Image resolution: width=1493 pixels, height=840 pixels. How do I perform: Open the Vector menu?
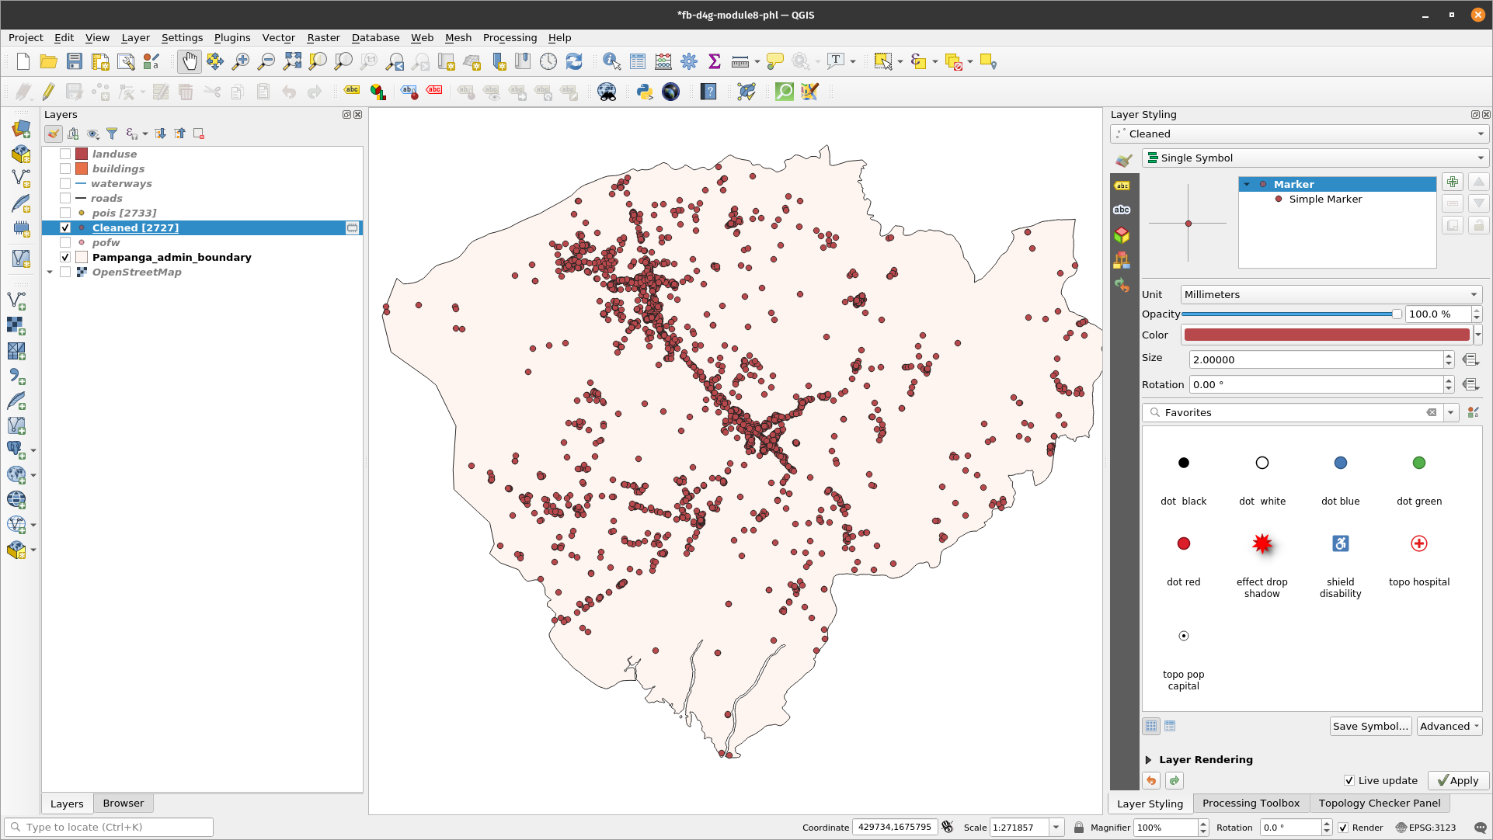(x=278, y=37)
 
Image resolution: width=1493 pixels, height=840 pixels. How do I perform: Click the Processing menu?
(x=510, y=37)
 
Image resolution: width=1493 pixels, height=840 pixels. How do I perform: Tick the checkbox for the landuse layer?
(x=65, y=154)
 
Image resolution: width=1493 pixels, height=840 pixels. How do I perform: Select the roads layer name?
(x=106, y=198)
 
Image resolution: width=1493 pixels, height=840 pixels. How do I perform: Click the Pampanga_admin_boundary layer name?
(x=172, y=257)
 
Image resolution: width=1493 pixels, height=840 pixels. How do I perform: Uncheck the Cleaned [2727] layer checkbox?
(x=65, y=227)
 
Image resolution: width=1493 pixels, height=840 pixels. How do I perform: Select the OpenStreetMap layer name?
(x=137, y=272)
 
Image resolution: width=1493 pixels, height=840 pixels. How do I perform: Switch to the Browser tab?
(x=123, y=803)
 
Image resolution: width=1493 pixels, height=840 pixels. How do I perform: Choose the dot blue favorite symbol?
(x=1340, y=463)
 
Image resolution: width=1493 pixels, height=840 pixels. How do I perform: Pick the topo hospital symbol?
(x=1418, y=544)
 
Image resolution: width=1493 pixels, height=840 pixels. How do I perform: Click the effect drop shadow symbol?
(x=1262, y=544)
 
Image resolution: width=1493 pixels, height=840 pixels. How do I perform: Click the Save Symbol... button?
(x=1369, y=726)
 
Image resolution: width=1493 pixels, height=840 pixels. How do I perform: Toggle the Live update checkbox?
(x=1349, y=780)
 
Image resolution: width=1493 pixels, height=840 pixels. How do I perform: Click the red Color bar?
(x=1326, y=335)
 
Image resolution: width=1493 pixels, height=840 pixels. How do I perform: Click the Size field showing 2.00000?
(x=1316, y=359)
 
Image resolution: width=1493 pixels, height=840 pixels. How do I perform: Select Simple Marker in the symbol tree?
(x=1325, y=199)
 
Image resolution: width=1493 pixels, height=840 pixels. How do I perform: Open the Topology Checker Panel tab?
(x=1379, y=803)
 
